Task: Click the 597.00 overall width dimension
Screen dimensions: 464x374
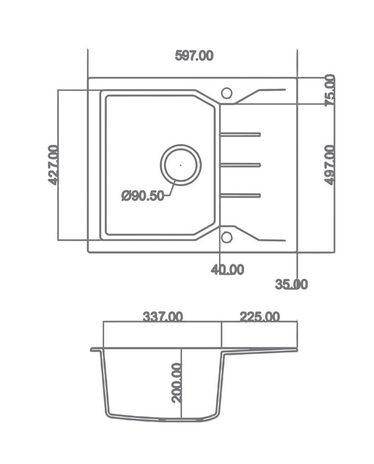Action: [x=194, y=56]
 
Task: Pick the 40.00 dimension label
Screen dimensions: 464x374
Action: [x=227, y=270]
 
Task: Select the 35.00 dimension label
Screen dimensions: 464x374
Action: [x=291, y=285]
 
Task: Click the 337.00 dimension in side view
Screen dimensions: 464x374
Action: [x=162, y=317]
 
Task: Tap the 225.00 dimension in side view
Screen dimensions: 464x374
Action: [x=259, y=317]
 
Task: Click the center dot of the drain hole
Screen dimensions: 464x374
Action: [x=181, y=165]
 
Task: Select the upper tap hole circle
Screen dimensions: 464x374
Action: [x=226, y=93]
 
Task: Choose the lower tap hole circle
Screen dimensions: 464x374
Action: [x=226, y=237]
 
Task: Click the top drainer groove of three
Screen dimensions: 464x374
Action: [x=240, y=135]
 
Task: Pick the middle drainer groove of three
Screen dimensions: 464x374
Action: [x=240, y=165]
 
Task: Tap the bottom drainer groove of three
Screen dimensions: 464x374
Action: [x=240, y=195]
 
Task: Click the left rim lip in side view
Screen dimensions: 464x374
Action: [x=95, y=350]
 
